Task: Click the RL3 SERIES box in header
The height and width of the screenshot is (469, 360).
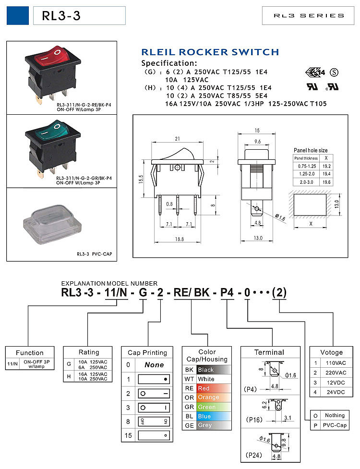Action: pos(309,15)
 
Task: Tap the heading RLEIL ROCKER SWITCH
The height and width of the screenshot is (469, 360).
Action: pos(210,52)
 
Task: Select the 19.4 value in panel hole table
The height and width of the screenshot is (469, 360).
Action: pos(326,174)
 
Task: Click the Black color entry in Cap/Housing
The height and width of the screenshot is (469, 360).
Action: pos(206,370)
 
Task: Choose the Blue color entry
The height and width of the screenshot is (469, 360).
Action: pos(204,416)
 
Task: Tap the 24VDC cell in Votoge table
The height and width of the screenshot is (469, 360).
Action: pos(336,392)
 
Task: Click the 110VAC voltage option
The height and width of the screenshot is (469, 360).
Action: pos(336,363)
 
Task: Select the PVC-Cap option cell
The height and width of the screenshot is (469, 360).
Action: pos(335,425)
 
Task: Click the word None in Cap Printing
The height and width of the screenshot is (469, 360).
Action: pos(154,365)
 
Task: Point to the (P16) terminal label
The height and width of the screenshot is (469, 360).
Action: pos(254,420)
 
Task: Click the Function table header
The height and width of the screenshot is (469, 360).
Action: pos(29,353)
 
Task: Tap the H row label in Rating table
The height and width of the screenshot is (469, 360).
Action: pos(69,376)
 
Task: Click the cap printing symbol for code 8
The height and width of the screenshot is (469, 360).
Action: pos(154,421)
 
